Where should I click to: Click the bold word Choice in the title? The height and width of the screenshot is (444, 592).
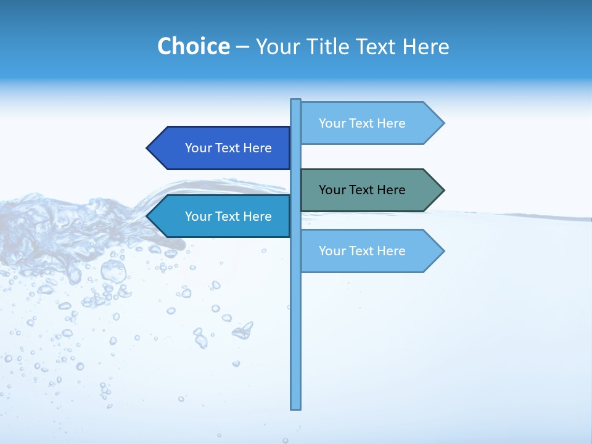[x=193, y=46]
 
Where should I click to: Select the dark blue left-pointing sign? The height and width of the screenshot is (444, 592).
[x=222, y=148]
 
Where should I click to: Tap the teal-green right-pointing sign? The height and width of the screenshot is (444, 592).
[x=370, y=190]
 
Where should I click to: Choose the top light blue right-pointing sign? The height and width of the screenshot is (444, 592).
[x=370, y=123]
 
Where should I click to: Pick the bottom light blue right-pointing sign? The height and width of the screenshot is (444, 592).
[x=370, y=251]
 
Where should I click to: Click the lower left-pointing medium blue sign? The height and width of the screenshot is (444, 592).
[x=222, y=216]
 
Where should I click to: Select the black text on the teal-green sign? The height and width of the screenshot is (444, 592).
[x=362, y=190]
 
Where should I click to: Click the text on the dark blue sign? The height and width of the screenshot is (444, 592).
[x=228, y=148]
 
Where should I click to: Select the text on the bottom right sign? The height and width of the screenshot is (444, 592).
[x=362, y=251]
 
